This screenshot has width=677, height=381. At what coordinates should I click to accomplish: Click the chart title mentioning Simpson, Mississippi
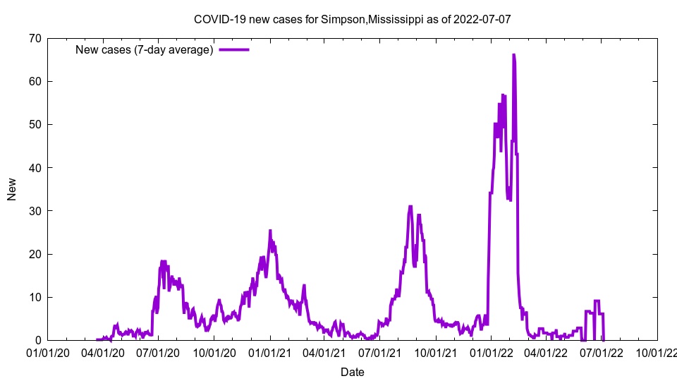coord(352,19)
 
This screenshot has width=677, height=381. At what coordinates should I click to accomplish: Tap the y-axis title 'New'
coord(12,189)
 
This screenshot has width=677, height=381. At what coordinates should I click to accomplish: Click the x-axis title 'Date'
coord(352,372)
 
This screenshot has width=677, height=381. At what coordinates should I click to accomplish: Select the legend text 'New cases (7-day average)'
coord(145,50)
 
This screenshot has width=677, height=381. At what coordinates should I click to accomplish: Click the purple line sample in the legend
coord(234,50)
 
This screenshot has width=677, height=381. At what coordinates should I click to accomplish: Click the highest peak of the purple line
coord(513,55)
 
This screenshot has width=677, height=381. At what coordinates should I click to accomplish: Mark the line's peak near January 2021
coord(270,231)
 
